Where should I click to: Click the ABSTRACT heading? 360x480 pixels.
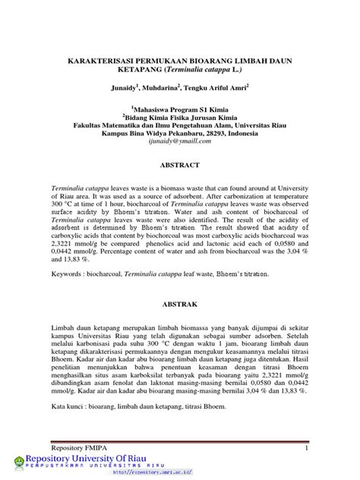tap(179, 165)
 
